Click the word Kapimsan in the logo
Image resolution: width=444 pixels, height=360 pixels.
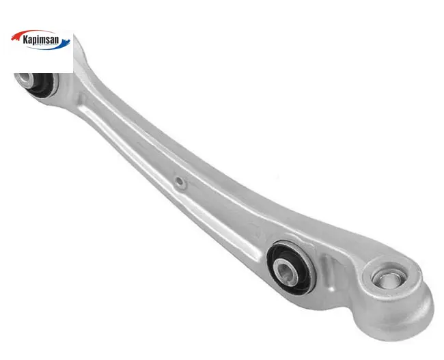click(x=42, y=40)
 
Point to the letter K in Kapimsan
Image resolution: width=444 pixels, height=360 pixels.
click(x=26, y=39)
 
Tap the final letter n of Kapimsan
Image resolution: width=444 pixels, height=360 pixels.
click(x=57, y=40)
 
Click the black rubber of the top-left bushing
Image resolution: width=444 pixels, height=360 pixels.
click(x=42, y=85)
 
